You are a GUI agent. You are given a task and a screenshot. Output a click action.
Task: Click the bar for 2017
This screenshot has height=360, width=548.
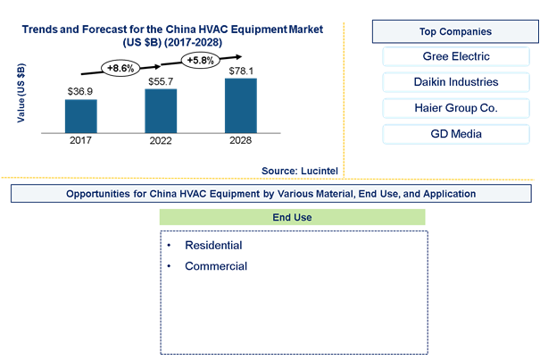pos(80,116)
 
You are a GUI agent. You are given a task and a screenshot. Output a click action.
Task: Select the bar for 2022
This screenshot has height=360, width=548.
pos(161,111)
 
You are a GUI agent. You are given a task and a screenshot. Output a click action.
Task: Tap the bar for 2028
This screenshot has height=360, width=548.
pos(241,105)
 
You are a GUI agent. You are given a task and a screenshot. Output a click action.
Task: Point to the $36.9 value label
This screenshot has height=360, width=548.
pos(80,92)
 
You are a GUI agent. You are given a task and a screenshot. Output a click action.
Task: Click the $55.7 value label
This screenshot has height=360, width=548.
pos(161,81)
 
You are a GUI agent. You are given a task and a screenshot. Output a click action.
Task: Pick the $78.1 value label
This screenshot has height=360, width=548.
pos(241,71)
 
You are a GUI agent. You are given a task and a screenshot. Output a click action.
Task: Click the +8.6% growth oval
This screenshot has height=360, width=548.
pos(120,68)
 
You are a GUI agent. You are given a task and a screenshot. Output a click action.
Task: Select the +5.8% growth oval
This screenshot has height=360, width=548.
pos(200,60)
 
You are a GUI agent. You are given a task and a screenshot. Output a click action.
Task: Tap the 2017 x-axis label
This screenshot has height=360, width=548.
pos(80,140)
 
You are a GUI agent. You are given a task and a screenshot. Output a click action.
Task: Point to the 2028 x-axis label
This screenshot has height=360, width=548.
pos(240,140)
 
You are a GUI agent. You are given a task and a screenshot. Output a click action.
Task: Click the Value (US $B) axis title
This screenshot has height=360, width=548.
pos(21,93)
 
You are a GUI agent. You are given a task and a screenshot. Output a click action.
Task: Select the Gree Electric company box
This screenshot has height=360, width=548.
pos(456,56)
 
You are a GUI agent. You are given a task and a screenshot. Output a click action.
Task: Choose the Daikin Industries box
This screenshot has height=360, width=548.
pos(456,82)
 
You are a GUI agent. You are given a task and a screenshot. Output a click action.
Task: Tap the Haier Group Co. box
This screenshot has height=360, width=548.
pos(456,108)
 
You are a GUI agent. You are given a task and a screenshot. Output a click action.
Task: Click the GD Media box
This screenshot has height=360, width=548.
pos(456,134)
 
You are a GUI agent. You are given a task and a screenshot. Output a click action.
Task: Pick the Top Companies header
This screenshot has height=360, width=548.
pos(455,31)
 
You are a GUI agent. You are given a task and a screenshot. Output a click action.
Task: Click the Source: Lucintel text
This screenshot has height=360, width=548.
pos(300,171)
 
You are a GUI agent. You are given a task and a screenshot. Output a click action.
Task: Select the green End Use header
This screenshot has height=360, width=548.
pos(292,217)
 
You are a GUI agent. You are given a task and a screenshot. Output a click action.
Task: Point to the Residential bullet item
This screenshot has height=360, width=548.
pos(213,246)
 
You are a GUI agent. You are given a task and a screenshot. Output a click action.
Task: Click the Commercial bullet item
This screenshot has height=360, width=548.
pos(216,266)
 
